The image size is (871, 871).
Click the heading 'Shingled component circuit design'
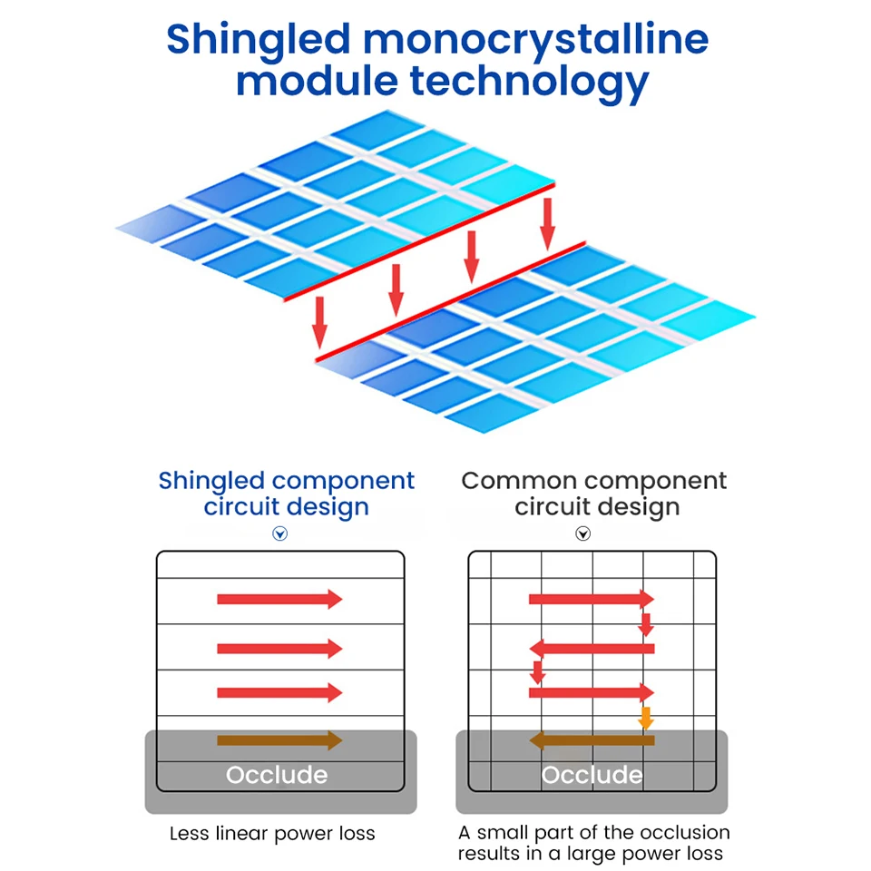tap(286, 494)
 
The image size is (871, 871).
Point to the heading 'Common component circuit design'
tap(594, 494)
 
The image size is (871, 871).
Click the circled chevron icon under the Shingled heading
tap(280, 533)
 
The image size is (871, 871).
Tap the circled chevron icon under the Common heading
tap(583, 533)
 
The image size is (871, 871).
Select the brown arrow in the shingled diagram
tap(279, 740)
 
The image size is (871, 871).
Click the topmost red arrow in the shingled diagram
tap(279, 599)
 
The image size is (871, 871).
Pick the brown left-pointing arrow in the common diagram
tap(592, 740)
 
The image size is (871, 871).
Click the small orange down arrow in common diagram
tap(646, 718)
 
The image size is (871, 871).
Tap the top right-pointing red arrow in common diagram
tap(591, 599)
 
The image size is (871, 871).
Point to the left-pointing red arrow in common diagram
tap(592, 648)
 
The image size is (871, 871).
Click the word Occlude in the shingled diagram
tap(277, 775)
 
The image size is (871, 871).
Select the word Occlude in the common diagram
tap(592, 775)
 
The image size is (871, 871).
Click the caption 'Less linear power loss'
tap(272, 833)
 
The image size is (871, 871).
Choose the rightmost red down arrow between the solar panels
tap(547, 223)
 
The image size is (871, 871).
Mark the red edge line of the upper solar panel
tap(417, 241)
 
